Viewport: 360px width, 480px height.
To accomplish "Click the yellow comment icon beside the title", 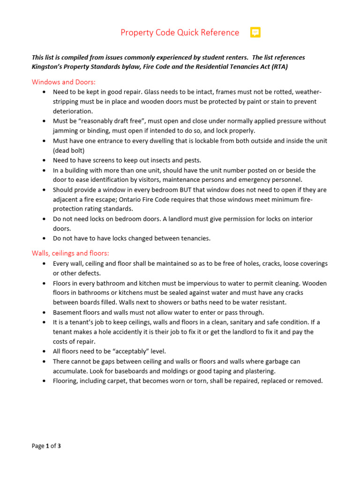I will coord(255,32).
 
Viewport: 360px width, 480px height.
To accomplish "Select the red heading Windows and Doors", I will coord(60,82).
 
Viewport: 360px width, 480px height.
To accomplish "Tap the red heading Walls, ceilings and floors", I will coord(70,253).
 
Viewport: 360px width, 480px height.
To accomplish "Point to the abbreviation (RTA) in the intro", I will coord(277,67).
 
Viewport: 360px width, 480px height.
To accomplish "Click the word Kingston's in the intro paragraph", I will coord(49,67).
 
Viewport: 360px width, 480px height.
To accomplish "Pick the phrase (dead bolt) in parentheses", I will coord(69,150).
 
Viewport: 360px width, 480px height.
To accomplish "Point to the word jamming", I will coord(66,131).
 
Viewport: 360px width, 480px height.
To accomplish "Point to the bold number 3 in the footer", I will coord(59,446).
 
